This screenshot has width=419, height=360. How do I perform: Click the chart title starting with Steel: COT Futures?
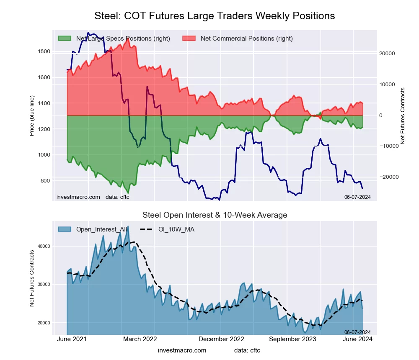pyautogui.click(x=215, y=16)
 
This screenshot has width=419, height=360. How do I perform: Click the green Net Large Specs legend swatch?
pyautogui.click(x=65, y=39)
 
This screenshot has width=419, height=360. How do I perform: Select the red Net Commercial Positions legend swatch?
pyautogui.click(x=189, y=39)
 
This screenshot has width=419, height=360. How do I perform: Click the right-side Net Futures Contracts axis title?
pyautogui.click(x=403, y=116)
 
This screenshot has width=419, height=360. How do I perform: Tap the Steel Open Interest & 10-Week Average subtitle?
pyautogui.click(x=215, y=215)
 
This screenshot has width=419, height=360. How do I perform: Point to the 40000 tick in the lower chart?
pyautogui.click(x=44, y=246)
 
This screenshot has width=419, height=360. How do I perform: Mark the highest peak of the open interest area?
pyautogui.click(x=128, y=226)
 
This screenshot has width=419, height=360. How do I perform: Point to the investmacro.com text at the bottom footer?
pyautogui.click(x=182, y=350)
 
